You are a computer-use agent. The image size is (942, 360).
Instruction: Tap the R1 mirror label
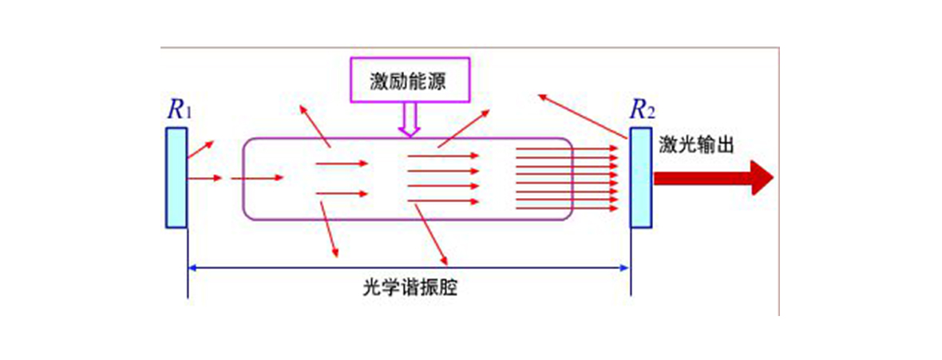point(180,111)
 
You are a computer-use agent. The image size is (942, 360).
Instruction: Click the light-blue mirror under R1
point(176,177)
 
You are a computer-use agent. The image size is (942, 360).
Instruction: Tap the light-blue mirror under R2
point(640,177)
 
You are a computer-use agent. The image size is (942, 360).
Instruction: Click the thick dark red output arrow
point(713,178)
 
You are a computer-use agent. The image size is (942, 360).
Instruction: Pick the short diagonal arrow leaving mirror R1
point(200,149)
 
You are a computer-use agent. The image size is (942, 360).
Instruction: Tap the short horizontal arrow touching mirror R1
point(205,178)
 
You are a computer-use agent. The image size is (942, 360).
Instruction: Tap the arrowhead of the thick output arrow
point(762,178)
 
